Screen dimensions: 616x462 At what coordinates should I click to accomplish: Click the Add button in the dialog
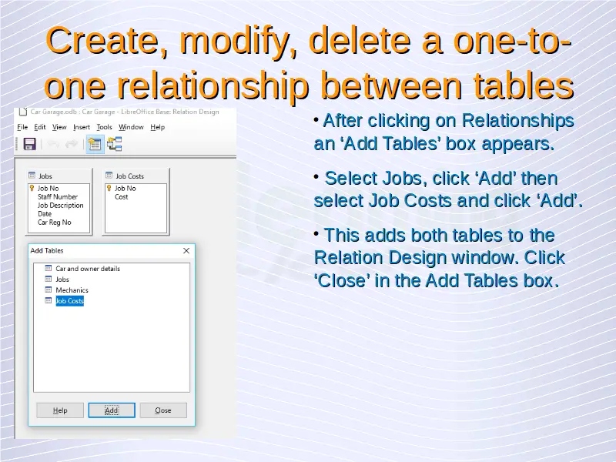[112, 410]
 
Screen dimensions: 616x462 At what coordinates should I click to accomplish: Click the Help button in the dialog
[60, 410]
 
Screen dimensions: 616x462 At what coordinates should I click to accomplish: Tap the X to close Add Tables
[186, 251]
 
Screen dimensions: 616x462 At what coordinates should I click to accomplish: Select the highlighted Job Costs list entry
[69, 301]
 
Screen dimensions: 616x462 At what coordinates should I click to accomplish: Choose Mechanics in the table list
[72, 290]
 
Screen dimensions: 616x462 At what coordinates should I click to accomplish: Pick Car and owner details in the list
[88, 269]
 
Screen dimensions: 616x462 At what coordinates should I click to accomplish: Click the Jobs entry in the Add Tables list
[62, 280]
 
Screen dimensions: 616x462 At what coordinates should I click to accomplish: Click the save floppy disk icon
[29, 144]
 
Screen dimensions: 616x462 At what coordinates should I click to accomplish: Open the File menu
[22, 127]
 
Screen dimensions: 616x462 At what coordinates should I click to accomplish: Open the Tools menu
[104, 127]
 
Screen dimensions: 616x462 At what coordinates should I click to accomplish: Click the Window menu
[131, 127]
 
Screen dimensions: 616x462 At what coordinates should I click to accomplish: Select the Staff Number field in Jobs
[57, 197]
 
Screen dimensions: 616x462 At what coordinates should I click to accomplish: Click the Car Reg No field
[54, 223]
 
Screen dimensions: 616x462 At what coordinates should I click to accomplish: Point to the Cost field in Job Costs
[121, 197]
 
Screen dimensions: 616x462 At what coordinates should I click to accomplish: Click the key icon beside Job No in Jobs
[32, 188]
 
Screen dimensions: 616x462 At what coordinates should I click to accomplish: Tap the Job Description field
[61, 206]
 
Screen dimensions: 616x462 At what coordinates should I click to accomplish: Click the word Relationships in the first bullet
[517, 121]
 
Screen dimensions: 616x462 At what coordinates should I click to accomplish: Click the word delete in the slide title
[360, 41]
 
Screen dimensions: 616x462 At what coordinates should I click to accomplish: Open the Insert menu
[82, 127]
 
